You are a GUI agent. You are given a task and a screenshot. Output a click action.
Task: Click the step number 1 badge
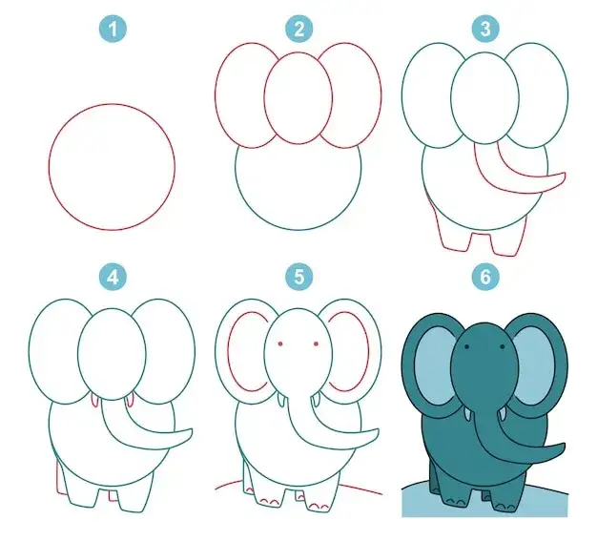[x=113, y=29]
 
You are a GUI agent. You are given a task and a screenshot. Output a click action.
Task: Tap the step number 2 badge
[x=299, y=29]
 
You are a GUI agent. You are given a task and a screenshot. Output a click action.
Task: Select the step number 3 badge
[x=485, y=29]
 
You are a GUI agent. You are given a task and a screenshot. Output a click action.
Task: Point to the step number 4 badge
[x=113, y=277]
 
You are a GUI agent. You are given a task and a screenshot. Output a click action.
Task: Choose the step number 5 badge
[x=299, y=277]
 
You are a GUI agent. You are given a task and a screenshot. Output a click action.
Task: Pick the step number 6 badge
[x=485, y=277]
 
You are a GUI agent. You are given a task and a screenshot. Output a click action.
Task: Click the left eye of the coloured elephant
[x=466, y=347]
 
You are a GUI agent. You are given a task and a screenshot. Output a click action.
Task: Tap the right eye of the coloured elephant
[x=503, y=347]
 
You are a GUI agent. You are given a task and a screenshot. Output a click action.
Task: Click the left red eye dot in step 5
[x=280, y=344]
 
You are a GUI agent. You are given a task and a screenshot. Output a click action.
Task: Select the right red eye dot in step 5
[x=316, y=344]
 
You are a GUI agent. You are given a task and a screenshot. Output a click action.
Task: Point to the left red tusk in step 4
[x=93, y=401]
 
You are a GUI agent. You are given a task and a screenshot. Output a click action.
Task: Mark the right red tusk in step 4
[x=131, y=401]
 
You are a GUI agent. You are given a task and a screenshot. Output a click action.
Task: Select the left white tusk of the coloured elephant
[x=467, y=415]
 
